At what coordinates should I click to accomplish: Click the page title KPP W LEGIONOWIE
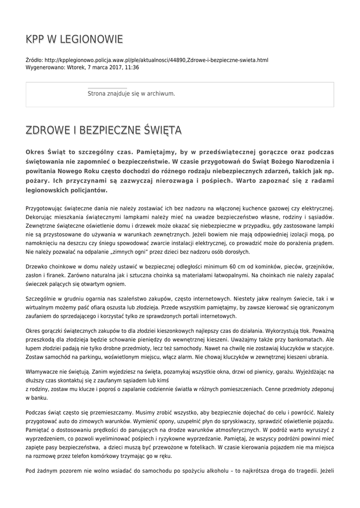point(74,39)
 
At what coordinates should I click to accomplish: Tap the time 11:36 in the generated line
point(132,67)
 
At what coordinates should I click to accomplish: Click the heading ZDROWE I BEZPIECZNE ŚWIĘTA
point(104,130)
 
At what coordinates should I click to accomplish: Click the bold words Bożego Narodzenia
point(295,161)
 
